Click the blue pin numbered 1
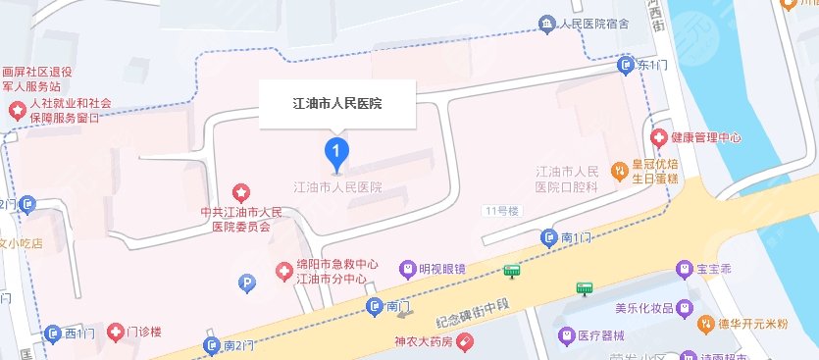coord(337,151)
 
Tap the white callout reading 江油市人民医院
coord(337,102)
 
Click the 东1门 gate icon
coord(626,66)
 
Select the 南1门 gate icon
coord(550,237)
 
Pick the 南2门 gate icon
coord(212,345)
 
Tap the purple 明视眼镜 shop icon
coord(407,268)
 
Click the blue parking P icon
coord(247,283)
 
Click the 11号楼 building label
coord(500,211)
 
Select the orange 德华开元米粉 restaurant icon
coord(703,322)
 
